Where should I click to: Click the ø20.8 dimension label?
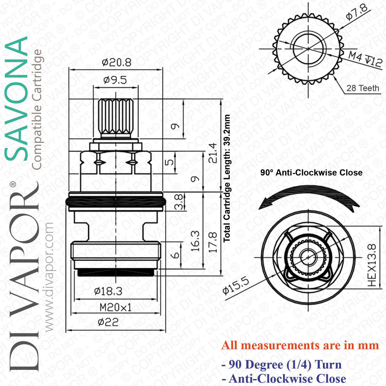click(x=117, y=62)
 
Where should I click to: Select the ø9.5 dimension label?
click(x=115, y=80)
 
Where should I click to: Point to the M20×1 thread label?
click(x=116, y=307)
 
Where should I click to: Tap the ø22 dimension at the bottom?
click(x=108, y=322)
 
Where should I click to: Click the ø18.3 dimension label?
click(x=108, y=291)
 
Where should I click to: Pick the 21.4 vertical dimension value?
click(x=213, y=153)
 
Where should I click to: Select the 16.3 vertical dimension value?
click(x=195, y=241)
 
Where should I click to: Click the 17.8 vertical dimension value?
click(x=213, y=242)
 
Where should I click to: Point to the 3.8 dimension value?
click(x=179, y=202)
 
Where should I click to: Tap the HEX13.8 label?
click(x=372, y=265)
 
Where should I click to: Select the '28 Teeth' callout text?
click(x=363, y=88)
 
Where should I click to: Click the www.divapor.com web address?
click(x=49, y=277)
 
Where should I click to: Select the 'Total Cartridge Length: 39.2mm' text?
click(x=227, y=178)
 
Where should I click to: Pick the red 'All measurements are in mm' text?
click(x=300, y=345)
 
